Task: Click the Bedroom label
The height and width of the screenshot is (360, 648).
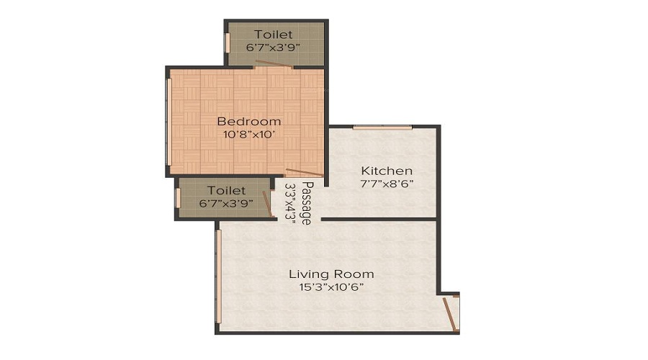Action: (249, 121)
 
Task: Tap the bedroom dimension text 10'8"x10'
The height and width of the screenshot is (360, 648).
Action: (249, 134)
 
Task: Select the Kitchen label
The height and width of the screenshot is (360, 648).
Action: (387, 171)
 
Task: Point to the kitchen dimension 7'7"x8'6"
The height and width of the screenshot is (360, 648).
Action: (387, 184)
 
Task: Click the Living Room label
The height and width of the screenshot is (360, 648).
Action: (331, 274)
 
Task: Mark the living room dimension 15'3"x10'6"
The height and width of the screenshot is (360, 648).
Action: (331, 287)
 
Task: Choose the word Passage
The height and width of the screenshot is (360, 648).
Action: (306, 204)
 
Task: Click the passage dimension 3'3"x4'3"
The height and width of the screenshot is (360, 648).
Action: (291, 204)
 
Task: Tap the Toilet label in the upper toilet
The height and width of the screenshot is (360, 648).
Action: (274, 34)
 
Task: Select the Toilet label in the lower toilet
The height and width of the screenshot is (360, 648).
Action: (226, 190)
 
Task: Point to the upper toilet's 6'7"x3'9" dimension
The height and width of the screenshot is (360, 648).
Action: (274, 47)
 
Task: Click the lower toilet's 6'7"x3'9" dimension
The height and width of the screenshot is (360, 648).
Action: (226, 203)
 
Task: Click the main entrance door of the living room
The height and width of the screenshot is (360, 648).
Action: (451, 314)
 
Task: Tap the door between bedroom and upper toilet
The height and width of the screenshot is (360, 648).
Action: (274, 65)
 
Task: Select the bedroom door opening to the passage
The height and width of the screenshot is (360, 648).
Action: (304, 172)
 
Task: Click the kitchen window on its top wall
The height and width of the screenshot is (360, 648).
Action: (382, 127)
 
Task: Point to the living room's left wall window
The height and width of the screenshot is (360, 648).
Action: (218, 277)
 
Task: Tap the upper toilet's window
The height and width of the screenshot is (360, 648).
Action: (228, 42)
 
